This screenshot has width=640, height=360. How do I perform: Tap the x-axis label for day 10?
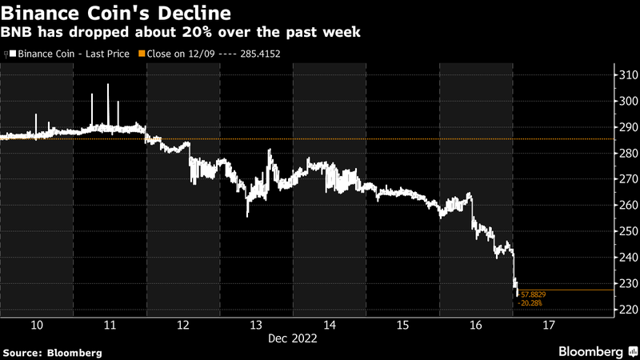pos(37,325)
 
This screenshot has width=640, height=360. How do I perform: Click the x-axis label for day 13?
pos(257,325)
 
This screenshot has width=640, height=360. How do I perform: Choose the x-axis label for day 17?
pos(550,325)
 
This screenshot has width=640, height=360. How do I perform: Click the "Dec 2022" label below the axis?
pos(293,338)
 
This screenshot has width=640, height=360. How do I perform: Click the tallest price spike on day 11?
pos(107,84)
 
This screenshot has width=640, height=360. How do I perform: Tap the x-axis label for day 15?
pos(402,325)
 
